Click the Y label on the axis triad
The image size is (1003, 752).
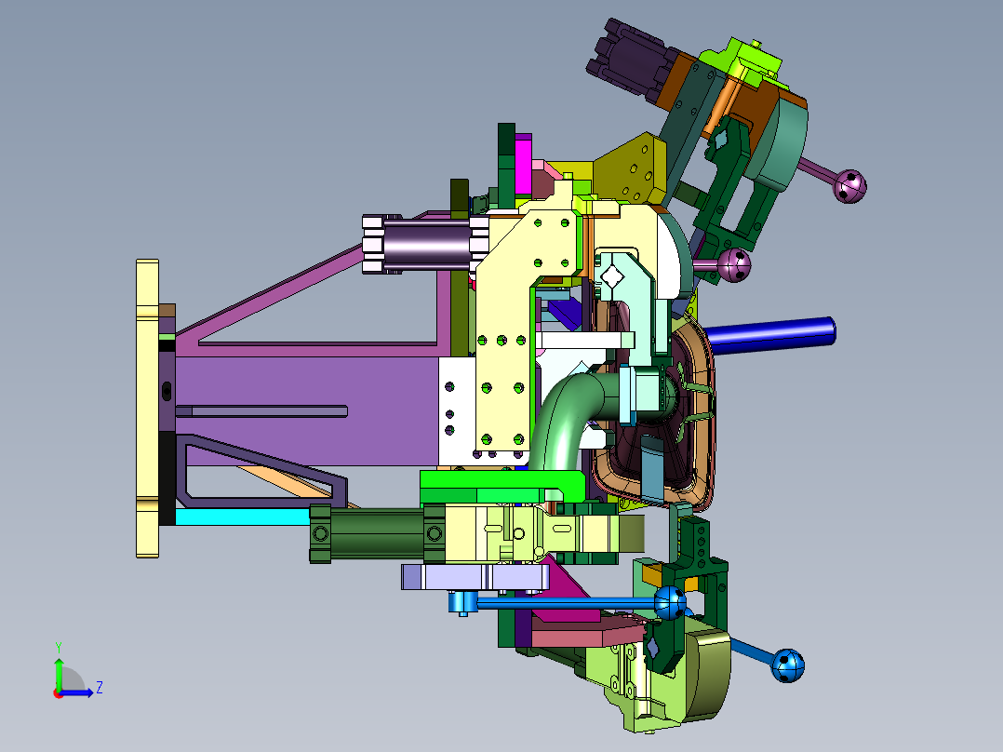59,647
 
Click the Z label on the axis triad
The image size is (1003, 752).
100,688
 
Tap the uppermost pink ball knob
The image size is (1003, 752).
850,186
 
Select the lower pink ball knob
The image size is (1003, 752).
734,265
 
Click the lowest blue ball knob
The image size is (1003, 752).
788,666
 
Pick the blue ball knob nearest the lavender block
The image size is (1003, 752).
670,602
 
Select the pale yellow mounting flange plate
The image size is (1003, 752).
147,409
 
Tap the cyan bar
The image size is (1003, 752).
243,517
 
